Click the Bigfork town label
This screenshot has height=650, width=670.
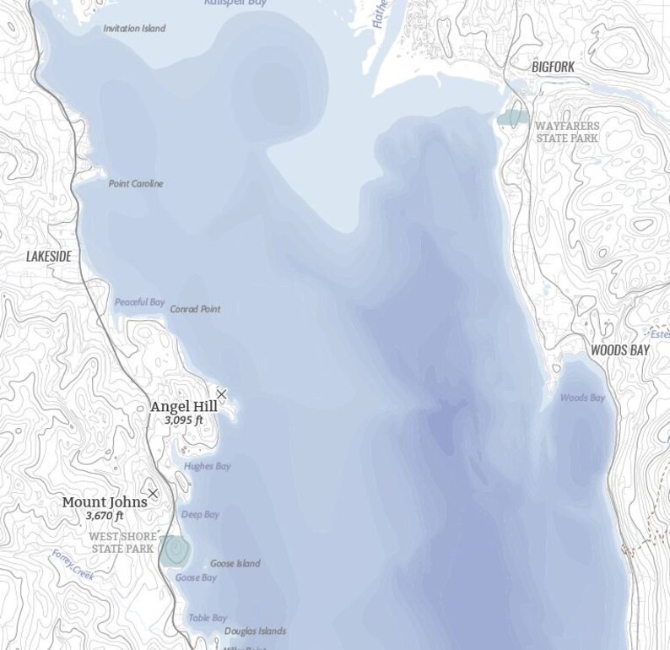click(553, 66)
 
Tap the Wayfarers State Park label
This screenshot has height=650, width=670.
click(567, 132)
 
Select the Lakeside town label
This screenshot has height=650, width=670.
click(48, 256)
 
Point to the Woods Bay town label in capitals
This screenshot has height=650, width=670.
click(620, 349)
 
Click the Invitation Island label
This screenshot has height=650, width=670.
click(134, 29)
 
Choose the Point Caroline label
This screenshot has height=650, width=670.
click(136, 184)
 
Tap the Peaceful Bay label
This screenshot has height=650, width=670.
click(139, 302)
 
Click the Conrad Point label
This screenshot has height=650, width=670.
click(195, 310)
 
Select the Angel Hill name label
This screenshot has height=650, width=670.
click(183, 407)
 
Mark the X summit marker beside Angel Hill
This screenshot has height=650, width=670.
click(221, 394)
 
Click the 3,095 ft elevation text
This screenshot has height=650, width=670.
click(183, 420)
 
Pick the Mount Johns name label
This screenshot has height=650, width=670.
click(104, 502)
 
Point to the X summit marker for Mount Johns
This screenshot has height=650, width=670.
click(153, 494)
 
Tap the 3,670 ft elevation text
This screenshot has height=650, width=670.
click(104, 516)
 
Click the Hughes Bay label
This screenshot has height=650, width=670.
click(207, 466)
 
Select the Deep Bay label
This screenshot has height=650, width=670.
click(200, 514)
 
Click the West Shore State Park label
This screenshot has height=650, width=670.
click(122, 543)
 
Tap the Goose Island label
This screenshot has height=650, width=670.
click(235, 564)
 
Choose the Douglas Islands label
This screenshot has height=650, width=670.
click(255, 631)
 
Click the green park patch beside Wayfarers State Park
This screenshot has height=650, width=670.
click(512, 117)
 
